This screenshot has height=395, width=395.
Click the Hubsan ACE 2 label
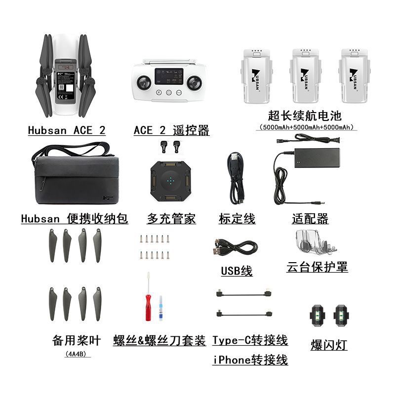(67, 130)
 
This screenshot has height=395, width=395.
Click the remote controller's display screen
(168, 77)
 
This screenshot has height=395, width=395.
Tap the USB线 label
(237, 271)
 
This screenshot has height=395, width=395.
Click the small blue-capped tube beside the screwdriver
(161, 309)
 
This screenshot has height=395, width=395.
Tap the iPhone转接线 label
(250, 360)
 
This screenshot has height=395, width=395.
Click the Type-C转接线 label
(250, 340)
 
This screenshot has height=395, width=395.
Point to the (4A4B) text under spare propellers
(77, 354)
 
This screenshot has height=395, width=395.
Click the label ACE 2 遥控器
(171, 130)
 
